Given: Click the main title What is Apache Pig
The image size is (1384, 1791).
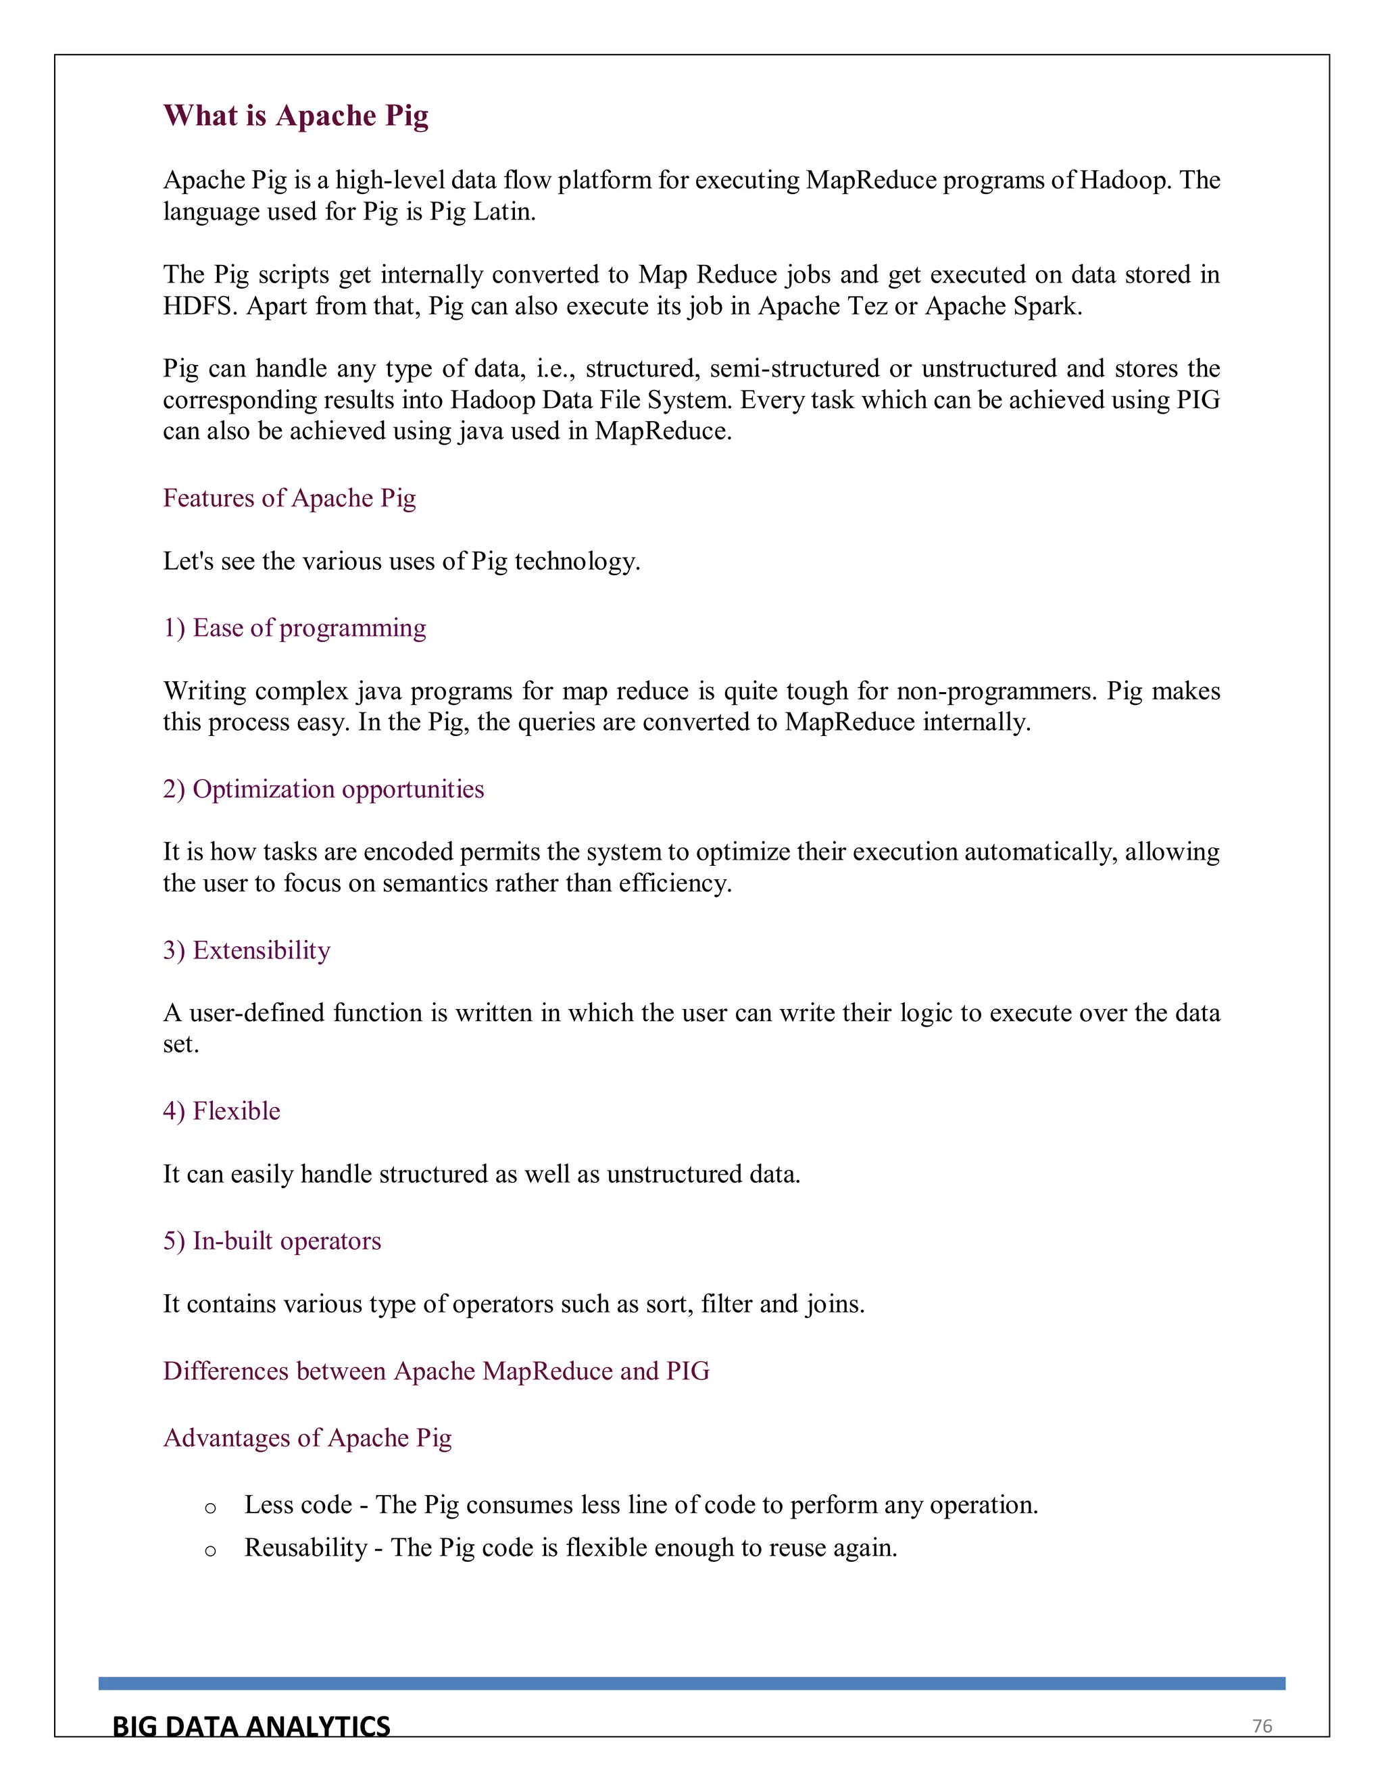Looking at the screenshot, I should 295,116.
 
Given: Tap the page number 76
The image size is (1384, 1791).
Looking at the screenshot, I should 1262,1726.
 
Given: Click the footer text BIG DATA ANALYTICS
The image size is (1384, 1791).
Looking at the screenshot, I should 251,1727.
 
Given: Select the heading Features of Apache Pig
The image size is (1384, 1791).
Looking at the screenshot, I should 289,498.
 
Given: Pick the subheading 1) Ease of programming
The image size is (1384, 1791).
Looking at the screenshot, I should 295,627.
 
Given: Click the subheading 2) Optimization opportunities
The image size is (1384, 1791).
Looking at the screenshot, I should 323,789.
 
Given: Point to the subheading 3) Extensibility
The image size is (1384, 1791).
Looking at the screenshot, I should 246,950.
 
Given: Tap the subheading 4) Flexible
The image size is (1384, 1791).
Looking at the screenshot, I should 222,1110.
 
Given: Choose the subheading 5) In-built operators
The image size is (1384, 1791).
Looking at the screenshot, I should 272,1241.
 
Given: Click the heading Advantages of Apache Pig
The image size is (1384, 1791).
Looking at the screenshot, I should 307,1438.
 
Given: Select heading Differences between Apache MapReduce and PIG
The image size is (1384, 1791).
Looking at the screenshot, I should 435,1371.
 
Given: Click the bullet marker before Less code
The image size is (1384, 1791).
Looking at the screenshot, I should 211,1507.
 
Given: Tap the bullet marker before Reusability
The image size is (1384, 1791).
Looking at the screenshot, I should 211,1550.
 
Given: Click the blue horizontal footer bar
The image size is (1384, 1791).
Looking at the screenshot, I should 691,1683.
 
